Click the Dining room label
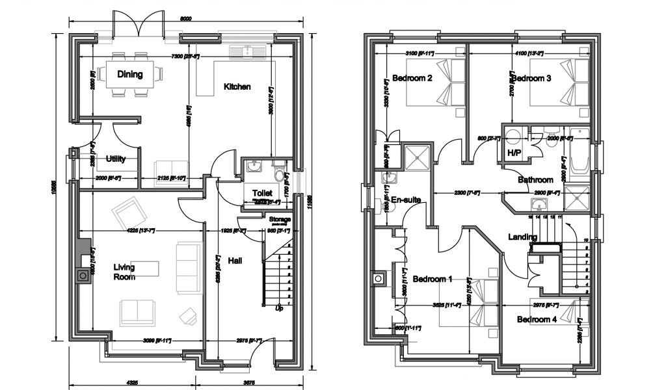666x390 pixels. [x=130, y=74]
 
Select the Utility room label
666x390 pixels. [x=115, y=159]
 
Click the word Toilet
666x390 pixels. [x=262, y=192]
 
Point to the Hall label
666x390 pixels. [x=235, y=261]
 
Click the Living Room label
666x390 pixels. [x=124, y=272]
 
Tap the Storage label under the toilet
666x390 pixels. [x=280, y=220]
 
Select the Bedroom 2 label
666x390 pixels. [x=412, y=79]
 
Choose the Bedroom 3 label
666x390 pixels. [x=531, y=79]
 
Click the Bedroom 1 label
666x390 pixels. [x=432, y=279]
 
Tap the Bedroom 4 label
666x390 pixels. [x=537, y=319]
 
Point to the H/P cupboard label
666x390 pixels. [x=513, y=153]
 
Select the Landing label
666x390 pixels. [x=523, y=237]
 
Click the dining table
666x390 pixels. [x=130, y=73]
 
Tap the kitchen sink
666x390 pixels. [x=248, y=52]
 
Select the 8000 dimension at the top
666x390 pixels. [x=185, y=19]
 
